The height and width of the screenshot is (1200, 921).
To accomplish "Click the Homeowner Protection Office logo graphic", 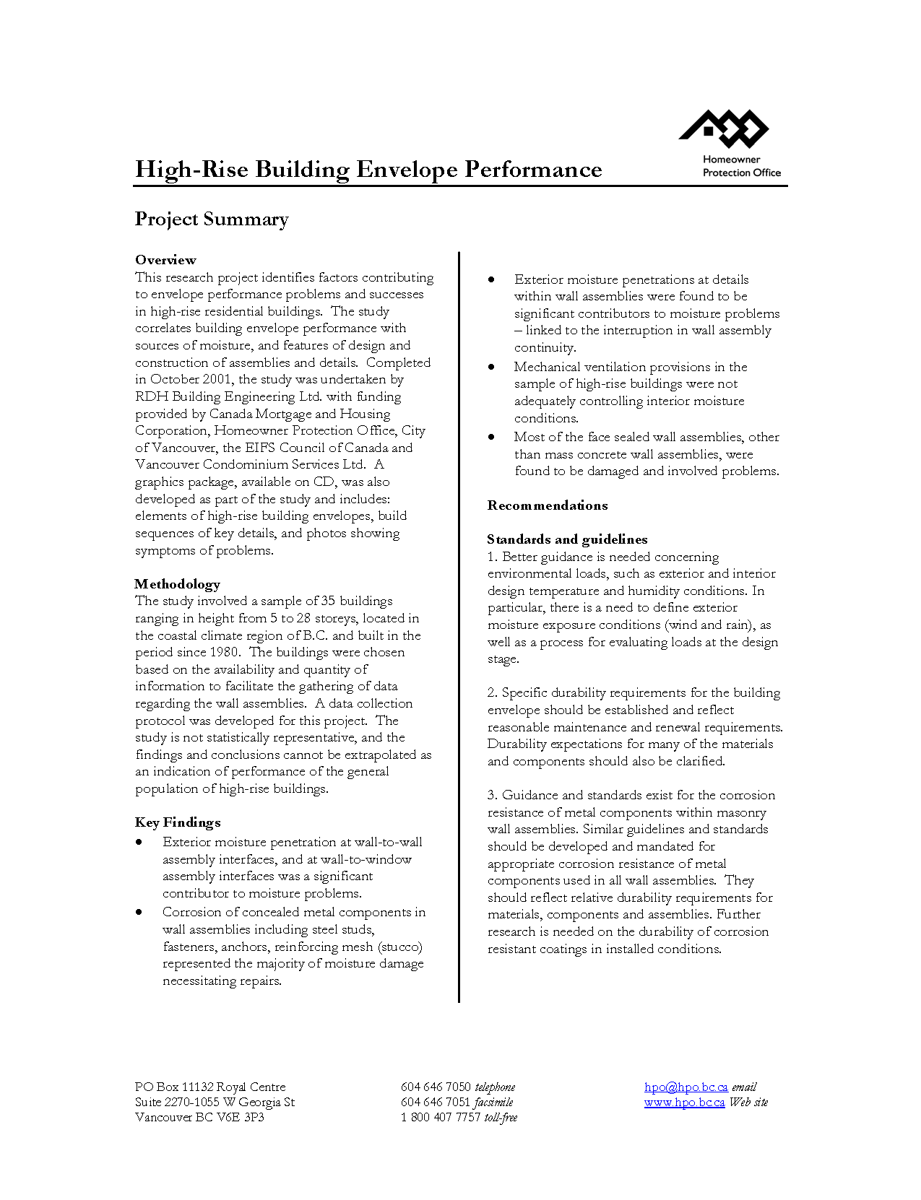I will point(724,129).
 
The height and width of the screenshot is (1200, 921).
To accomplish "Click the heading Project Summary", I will point(212,219).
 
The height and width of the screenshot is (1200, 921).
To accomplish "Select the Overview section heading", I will point(165,260).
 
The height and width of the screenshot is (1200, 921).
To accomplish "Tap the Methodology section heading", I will point(177,583).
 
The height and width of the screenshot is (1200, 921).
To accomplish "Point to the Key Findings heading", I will point(178,822).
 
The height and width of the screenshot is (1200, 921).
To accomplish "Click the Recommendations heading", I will point(548,505).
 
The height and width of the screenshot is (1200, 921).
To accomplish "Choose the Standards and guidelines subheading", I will point(567,539).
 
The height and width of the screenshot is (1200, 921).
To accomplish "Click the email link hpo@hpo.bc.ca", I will point(686,1087).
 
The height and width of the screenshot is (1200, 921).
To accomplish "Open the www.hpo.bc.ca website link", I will point(684,1102).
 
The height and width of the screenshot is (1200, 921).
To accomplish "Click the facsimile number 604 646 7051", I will point(436,1102).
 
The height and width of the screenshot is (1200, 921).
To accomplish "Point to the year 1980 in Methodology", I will point(224,652).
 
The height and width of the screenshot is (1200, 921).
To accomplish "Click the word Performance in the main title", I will point(533,170).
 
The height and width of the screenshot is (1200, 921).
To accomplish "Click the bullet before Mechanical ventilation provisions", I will point(491,367).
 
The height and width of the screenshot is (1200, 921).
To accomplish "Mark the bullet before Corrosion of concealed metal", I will point(139,913).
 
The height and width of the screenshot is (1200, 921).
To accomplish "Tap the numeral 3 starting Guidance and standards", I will point(491,795).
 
